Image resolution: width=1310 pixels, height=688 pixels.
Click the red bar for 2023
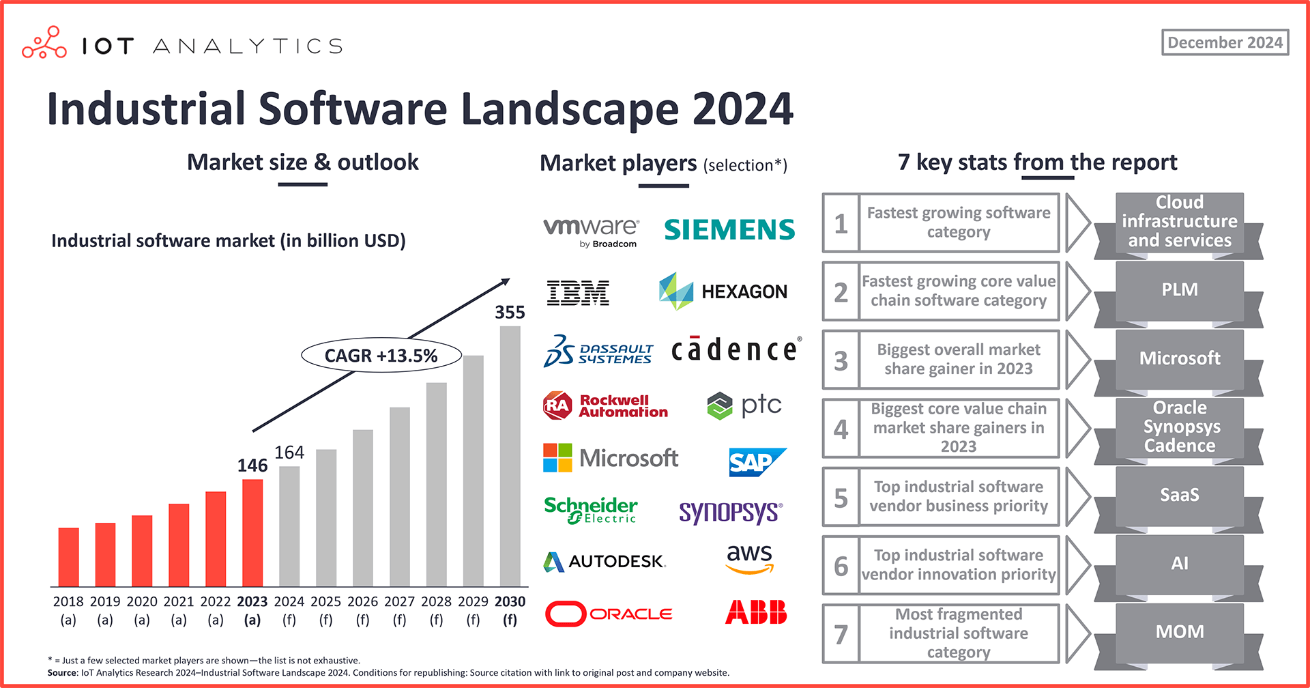[x=252, y=532]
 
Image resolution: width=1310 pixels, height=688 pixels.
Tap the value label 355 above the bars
[x=510, y=312]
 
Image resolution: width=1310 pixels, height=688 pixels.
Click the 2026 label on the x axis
[x=362, y=601]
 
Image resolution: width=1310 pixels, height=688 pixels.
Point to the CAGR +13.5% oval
[x=381, y=356]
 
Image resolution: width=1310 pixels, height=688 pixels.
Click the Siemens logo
[x=729, y=229]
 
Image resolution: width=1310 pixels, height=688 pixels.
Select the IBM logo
[x=578, y=292]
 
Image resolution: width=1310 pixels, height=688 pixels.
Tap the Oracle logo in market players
[x=609, y=614]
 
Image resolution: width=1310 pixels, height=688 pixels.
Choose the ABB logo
[x=755, y=612]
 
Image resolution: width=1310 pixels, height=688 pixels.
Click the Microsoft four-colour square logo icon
[x=557, y=457]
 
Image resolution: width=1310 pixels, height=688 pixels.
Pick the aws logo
[x=749, y=558]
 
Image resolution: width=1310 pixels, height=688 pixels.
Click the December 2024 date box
[x=1225, y=42]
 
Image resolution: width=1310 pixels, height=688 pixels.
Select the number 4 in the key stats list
[x=841, y=429]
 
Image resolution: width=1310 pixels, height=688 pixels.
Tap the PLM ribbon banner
[x=1179, y=290]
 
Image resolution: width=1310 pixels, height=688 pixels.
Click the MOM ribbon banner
[x=1179, y=632]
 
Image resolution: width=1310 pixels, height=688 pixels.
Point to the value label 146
[x=252, y=465]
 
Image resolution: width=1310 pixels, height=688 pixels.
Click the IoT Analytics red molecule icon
[x=44, y=43]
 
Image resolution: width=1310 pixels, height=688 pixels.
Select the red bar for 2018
[x=68, y=557]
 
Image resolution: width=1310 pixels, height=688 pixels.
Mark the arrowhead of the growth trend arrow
[x=506, y=281]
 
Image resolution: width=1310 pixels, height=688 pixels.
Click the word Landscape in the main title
[x=570, y=109]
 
